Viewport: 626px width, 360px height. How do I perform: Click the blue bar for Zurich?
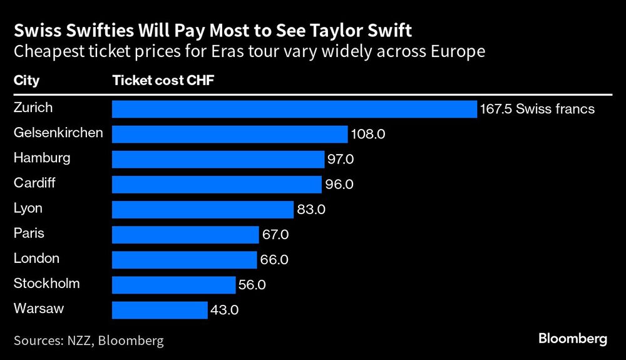(294, 109)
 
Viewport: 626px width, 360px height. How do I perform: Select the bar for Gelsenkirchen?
(229, 134)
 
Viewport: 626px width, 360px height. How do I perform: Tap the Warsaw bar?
(159, 309)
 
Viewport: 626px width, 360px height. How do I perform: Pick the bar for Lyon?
(202, 209)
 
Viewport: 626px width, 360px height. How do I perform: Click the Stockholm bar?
(173, 284)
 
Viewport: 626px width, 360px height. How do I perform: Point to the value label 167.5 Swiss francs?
(537, 110)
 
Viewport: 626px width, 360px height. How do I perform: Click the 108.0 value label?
(364, 135)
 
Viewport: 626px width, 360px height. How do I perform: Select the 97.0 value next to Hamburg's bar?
(341, 160)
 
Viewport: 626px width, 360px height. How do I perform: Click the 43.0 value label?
(224, 310)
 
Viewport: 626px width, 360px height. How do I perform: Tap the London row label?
(36, 258)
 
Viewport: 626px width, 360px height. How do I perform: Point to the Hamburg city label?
(42, 158)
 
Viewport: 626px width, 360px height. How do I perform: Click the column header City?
(26, 81)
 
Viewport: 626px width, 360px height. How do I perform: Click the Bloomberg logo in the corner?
(573, 339)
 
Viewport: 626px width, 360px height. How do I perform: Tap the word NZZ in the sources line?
(80, 341)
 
